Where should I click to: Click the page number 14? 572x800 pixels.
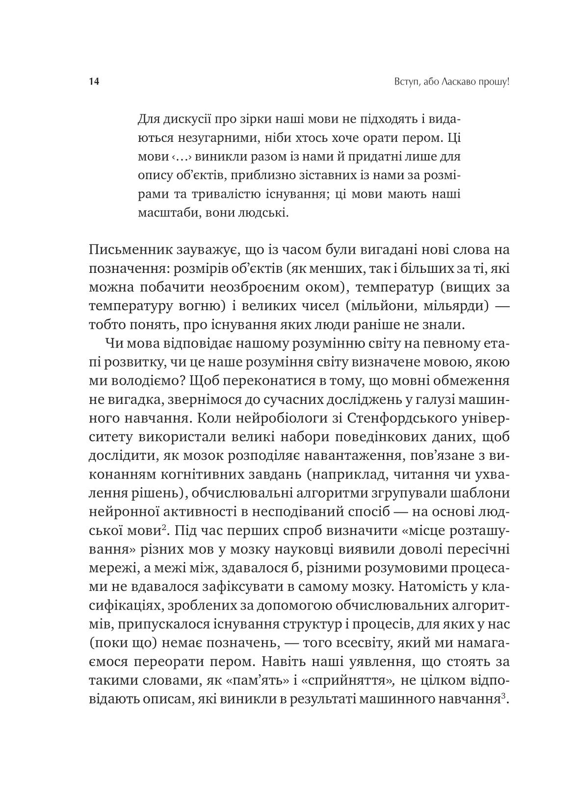[x=94, y=82]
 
